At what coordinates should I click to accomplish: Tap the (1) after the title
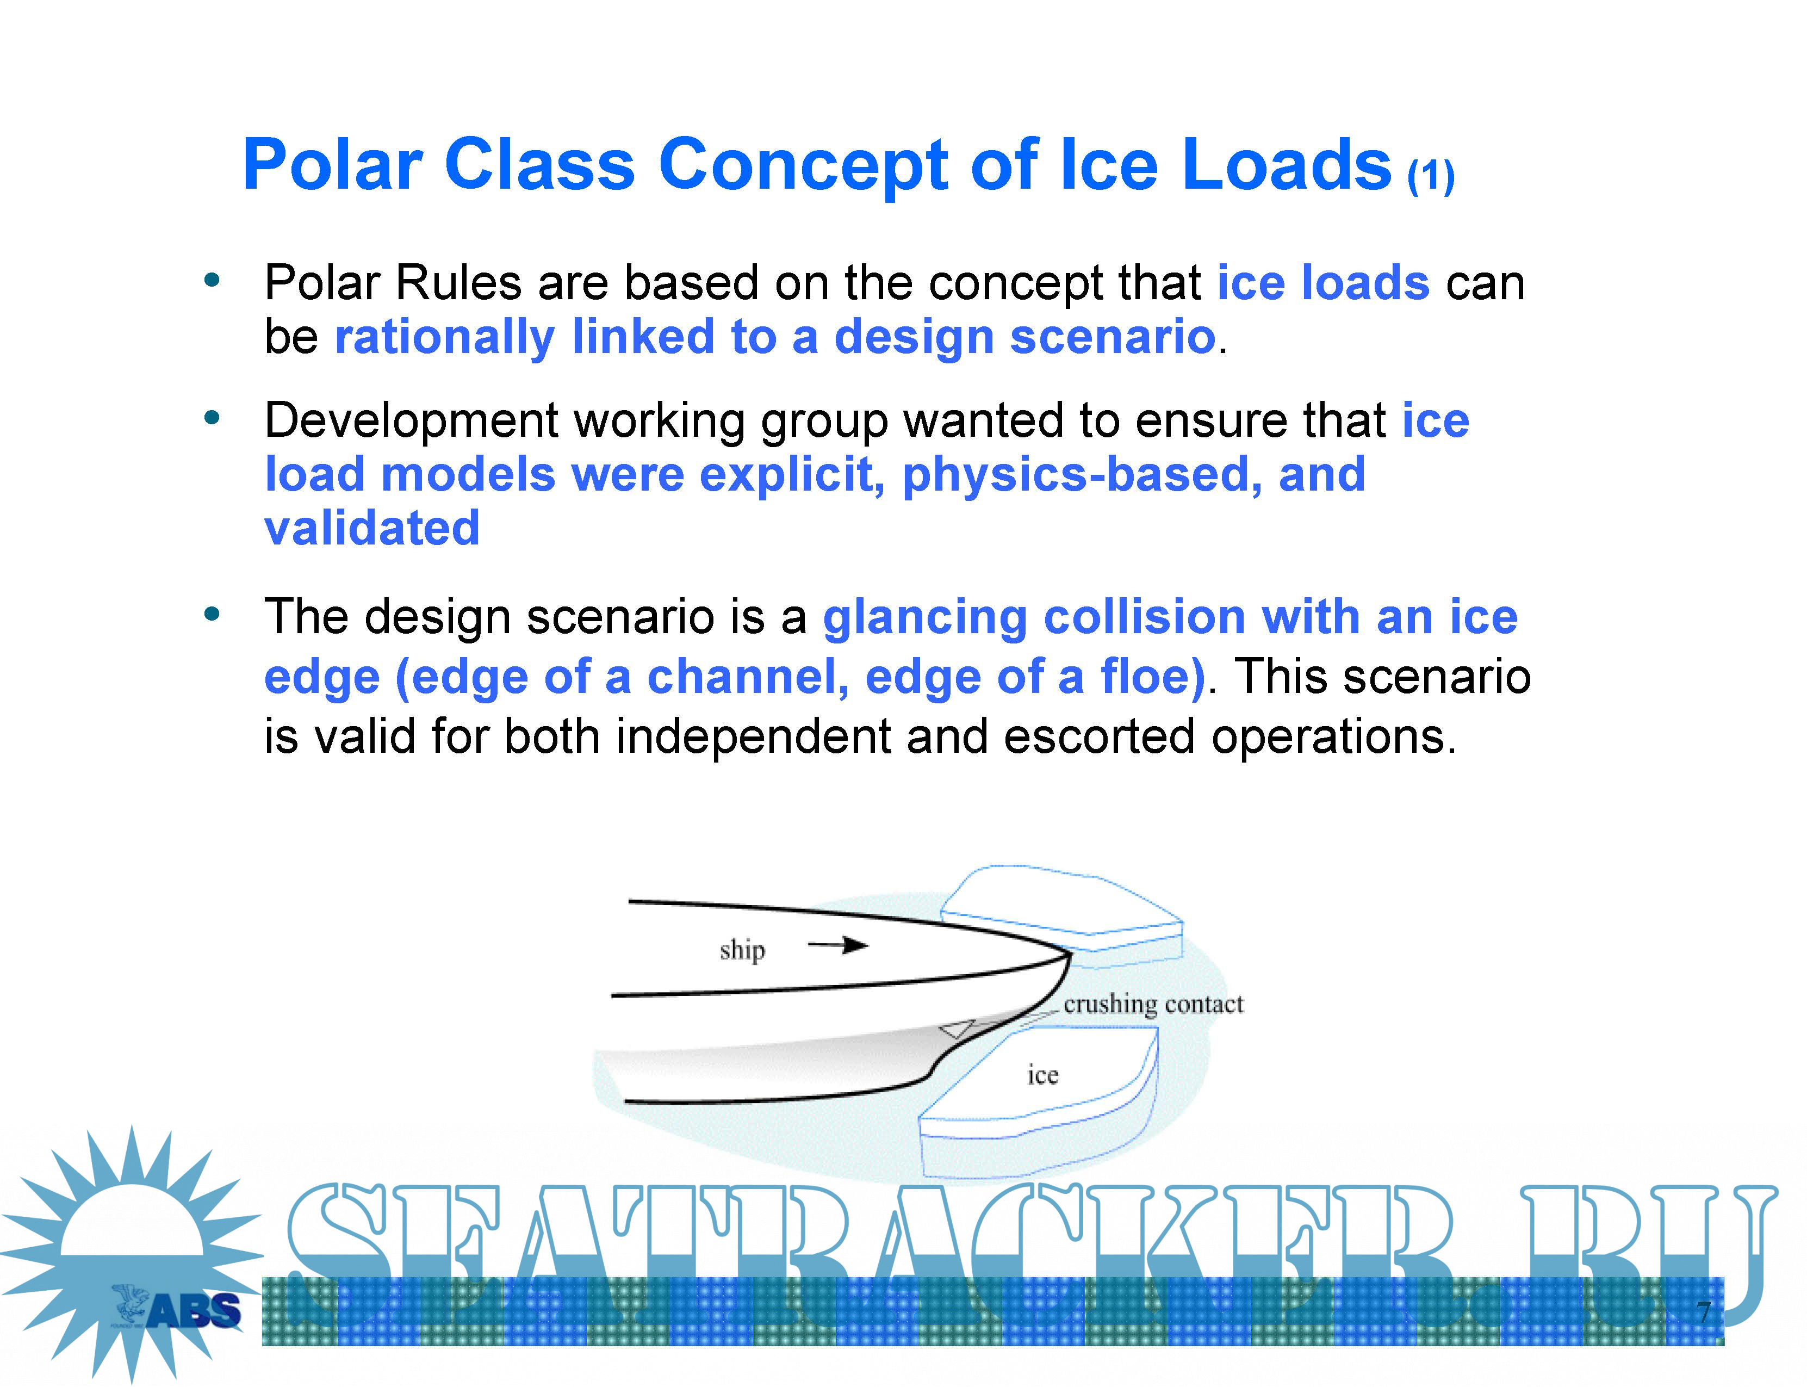(x=1431, y=176)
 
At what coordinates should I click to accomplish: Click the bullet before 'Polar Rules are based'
(x=212, y=281)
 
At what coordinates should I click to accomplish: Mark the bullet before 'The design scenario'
(x=212, y=614)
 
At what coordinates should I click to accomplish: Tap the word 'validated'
(x=371, y=528)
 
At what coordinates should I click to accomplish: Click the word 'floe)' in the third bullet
(x=1152, y=678)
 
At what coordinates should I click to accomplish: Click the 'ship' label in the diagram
(x=742, y=950)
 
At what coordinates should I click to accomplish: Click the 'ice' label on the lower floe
(x=1042, y=1074)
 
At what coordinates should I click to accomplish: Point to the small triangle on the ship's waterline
(x=958, y=1029)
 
